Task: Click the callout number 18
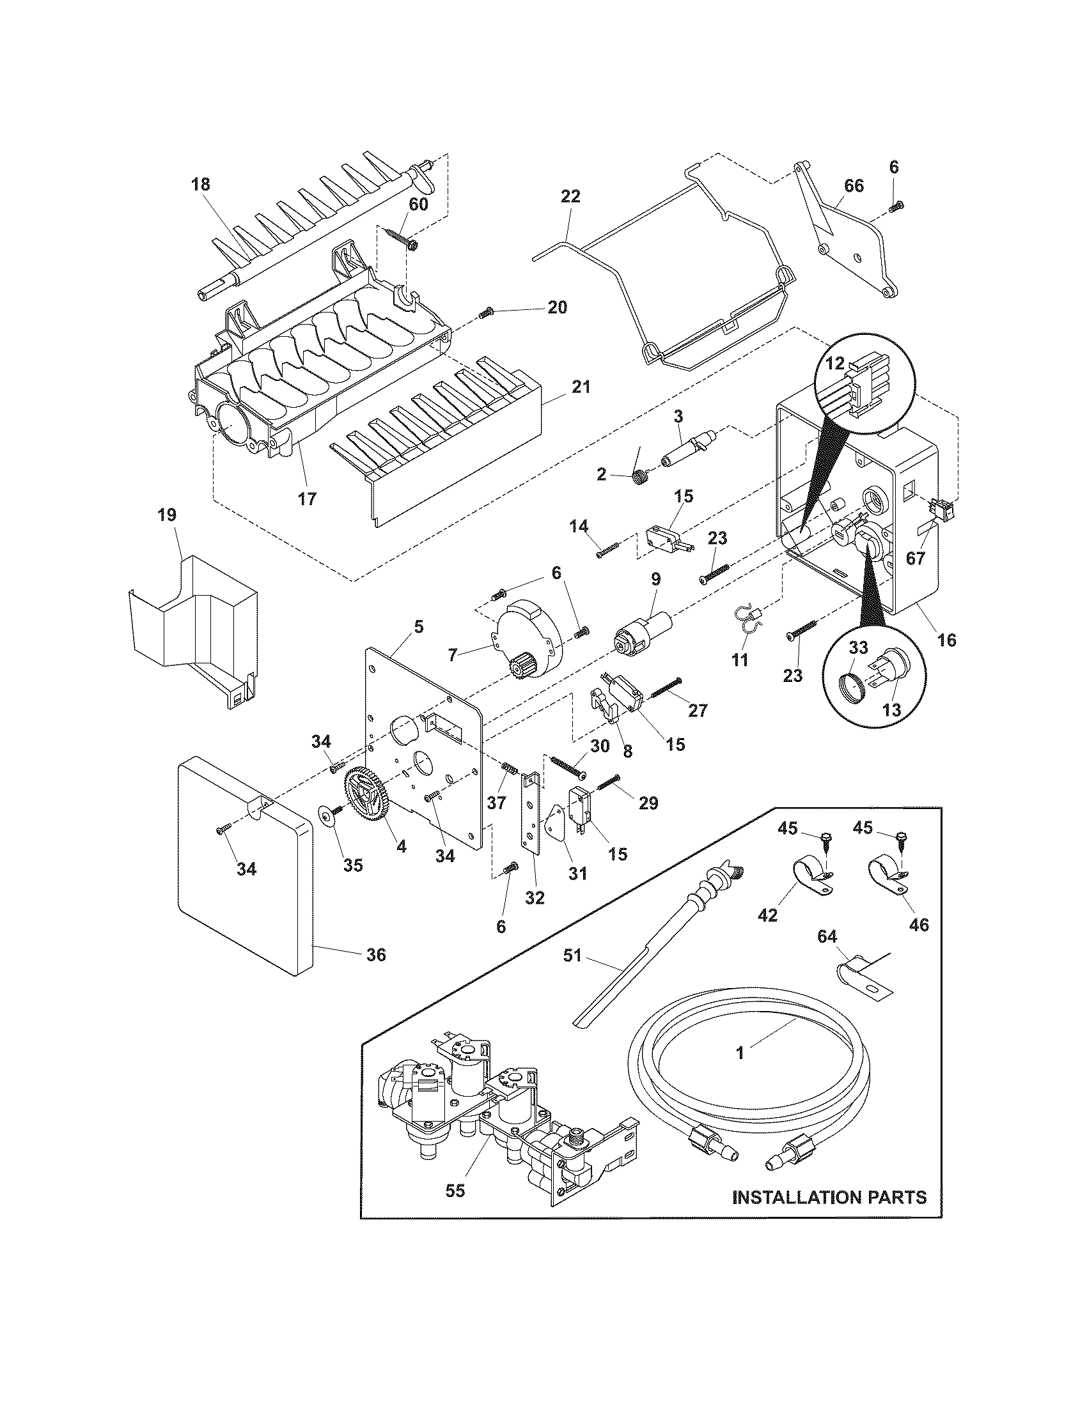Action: pyautogui.click(x=200, y=185)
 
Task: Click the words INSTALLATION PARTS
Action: pyautogui.click(x=829, y=1198)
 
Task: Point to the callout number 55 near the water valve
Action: pyautogui.click(x=455, y=1191)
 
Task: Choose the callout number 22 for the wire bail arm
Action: pyautogui.click(x=570, y=196)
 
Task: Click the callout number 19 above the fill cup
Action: pyautogui.click(x=166, y=515)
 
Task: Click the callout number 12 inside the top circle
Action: pyautogui.click(x=835, y=364)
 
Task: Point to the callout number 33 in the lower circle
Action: pyautogui.click(x=858, y=649)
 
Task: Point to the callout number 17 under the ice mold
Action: pyautogui.click(x=307, y=498)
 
